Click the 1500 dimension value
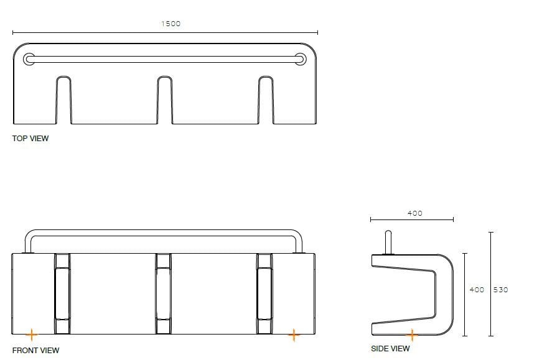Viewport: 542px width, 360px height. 171,24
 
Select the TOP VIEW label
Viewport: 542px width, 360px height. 30,138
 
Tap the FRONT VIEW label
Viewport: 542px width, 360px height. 35,350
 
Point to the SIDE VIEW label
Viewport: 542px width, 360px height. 390,349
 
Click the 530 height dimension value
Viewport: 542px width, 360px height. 501,290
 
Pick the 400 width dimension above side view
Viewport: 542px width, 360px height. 414,213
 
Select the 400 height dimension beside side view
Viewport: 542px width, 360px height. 477,290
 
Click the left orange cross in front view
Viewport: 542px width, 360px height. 31,335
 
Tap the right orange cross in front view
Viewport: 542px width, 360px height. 294,335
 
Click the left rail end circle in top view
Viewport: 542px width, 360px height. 29,59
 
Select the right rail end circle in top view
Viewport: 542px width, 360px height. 301,59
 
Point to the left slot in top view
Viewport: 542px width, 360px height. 63,99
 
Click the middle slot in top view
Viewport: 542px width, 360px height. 164,99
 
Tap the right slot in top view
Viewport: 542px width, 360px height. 266,99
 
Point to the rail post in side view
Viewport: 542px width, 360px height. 388,242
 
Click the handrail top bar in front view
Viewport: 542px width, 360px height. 164,232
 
